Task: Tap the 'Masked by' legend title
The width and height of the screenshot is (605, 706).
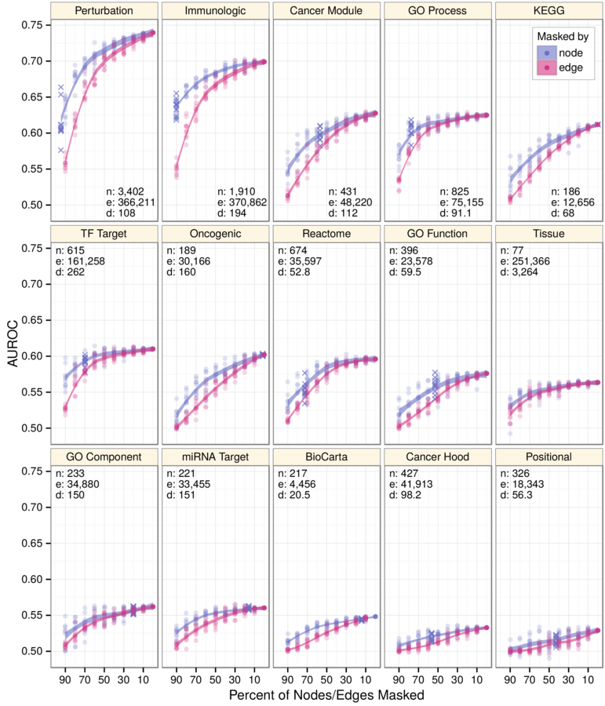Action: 559,36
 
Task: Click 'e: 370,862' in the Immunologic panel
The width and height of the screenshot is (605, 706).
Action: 245,202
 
